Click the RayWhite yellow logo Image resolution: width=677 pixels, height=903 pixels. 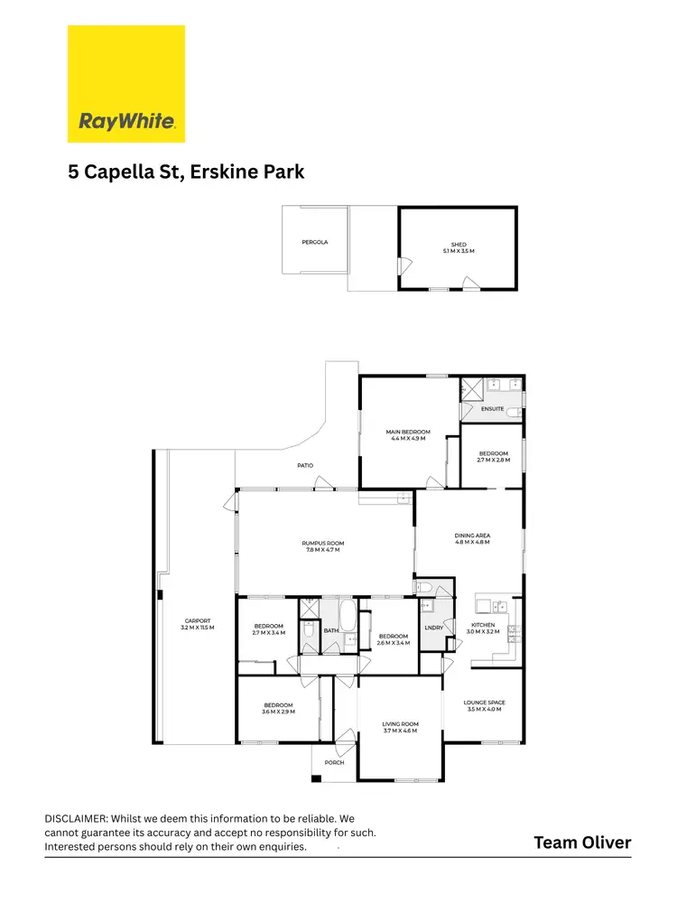coord(126,84)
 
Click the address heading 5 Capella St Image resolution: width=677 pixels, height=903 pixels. coord(186,172)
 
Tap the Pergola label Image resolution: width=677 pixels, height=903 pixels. coord(315,242)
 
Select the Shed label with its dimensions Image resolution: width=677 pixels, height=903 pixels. coord(459,247)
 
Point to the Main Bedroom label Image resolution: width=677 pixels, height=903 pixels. coord(408,435)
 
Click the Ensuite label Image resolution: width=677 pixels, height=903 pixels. coord(492,409)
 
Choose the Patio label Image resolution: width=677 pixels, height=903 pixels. coord(306,465)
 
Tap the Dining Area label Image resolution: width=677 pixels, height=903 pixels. coord(472,539)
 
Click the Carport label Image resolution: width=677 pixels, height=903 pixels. coord(197,624)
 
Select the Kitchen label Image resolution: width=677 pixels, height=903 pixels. coord(483,628)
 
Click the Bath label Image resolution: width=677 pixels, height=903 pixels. coord(330,630)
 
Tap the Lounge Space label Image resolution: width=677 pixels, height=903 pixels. coord(484,705)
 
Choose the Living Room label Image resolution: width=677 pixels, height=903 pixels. coord(400,727)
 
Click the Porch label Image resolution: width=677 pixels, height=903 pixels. coord(334,762)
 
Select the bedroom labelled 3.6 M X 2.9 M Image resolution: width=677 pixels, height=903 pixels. coord(279,709)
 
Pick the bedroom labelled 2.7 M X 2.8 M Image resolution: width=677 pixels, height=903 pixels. coord(493,457)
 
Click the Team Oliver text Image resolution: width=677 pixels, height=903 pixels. coord(582,842)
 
